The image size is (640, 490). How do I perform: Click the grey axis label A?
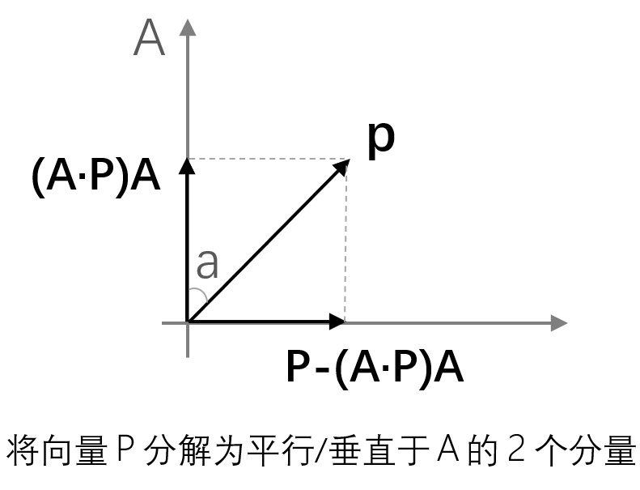(150, 38)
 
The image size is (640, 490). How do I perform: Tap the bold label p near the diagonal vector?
(380, 136)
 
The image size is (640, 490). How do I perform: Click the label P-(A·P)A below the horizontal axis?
(375, 368)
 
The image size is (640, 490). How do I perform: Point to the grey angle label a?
(208, 263)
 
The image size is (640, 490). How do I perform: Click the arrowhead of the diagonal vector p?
(343, 165)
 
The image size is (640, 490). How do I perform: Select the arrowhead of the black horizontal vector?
(338, 322)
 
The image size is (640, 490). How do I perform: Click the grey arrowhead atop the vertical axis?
(188, 26)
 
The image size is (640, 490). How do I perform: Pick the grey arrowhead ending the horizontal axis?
(558, 322)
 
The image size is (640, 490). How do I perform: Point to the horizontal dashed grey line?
(267, 159)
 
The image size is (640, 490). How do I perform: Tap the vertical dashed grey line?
(346, 243)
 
